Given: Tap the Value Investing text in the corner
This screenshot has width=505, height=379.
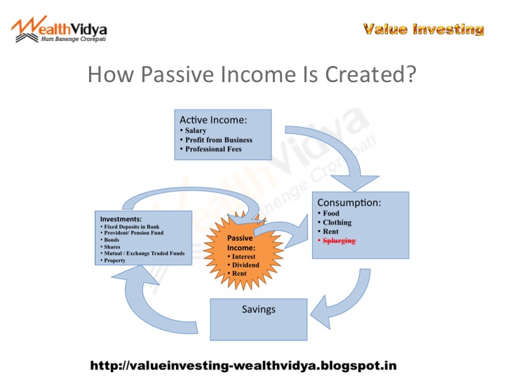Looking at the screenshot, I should (423, 29).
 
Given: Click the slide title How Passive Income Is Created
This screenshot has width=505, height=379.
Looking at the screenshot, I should (252, 74).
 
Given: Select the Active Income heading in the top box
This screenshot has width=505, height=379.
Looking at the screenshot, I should (214, 120).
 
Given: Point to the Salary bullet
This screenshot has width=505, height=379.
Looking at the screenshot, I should (195, 131).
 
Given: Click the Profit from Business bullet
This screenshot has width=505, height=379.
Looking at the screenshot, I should (218, 140).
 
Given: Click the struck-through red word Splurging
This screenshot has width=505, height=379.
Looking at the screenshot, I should (340, 240).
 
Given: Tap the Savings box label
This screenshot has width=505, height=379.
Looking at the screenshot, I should (259, 309).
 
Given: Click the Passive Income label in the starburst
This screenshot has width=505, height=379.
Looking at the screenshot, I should (240, 243).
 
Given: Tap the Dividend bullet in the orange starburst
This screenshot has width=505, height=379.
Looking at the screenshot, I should (245, 265).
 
